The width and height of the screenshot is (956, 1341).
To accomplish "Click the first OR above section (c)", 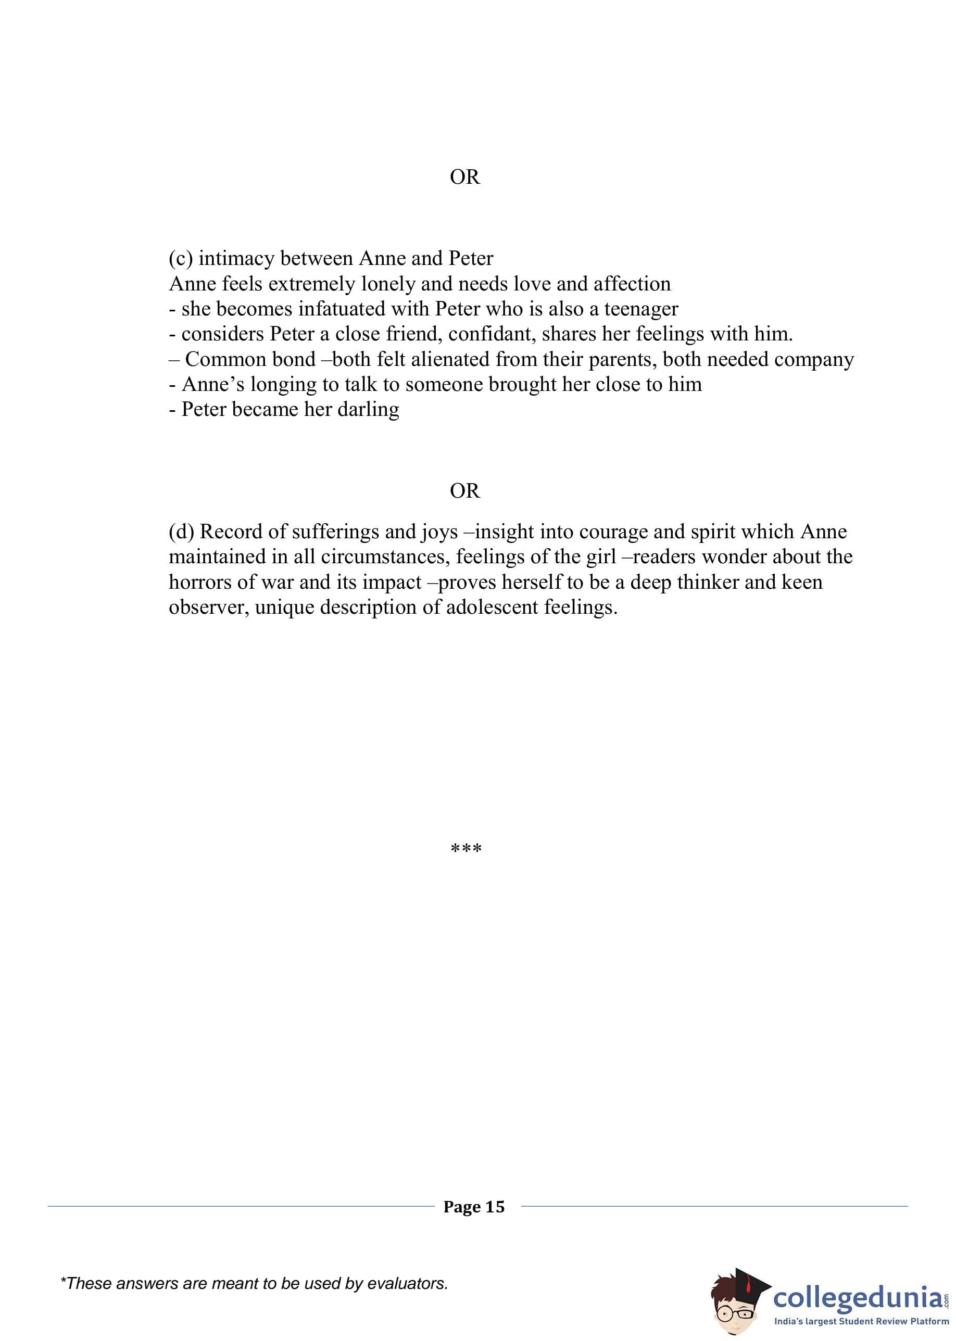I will (464, 176).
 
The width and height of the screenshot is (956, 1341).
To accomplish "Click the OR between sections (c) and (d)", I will (464, 490).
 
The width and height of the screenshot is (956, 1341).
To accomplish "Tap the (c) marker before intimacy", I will (181, 258).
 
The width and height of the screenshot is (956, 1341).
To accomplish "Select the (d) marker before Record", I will (181, 532).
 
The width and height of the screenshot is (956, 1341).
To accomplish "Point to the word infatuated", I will (342, 308).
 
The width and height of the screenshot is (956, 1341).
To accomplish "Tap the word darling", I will (368, 409).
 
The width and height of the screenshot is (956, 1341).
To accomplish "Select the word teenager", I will (641, 308).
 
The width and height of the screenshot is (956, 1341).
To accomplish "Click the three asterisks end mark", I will (466, 849).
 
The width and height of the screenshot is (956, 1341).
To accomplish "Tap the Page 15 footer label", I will (474, 1207).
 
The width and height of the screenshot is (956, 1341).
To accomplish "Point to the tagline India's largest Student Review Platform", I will (861, 1322).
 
